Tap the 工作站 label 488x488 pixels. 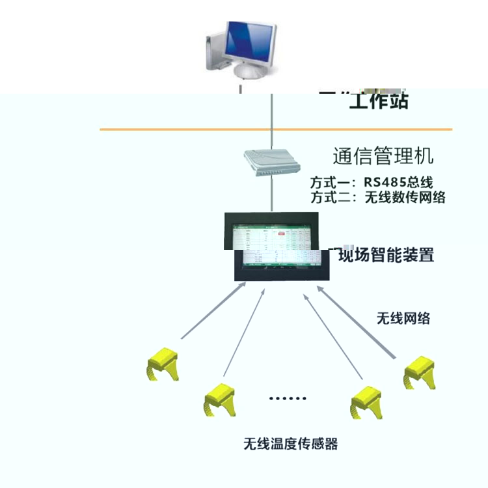(379, 102)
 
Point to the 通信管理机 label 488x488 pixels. (383, 156)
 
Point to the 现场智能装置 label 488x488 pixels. (384, 254)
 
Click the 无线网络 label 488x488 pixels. (403, 319)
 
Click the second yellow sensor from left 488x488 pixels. (219, 400)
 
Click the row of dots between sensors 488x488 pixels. (287, 398)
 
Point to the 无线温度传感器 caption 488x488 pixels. (291, 444)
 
